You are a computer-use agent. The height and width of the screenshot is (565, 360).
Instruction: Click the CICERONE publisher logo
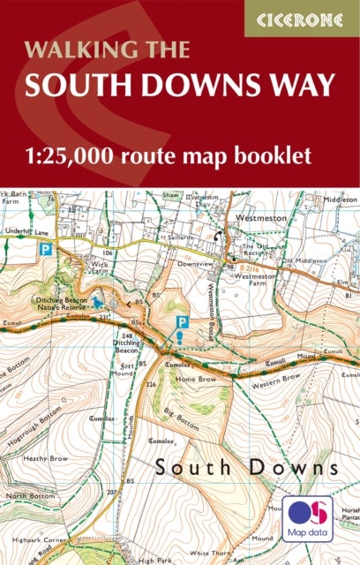[x=301, y=18]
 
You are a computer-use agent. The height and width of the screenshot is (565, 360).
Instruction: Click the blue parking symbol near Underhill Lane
[x=43, y=250]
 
